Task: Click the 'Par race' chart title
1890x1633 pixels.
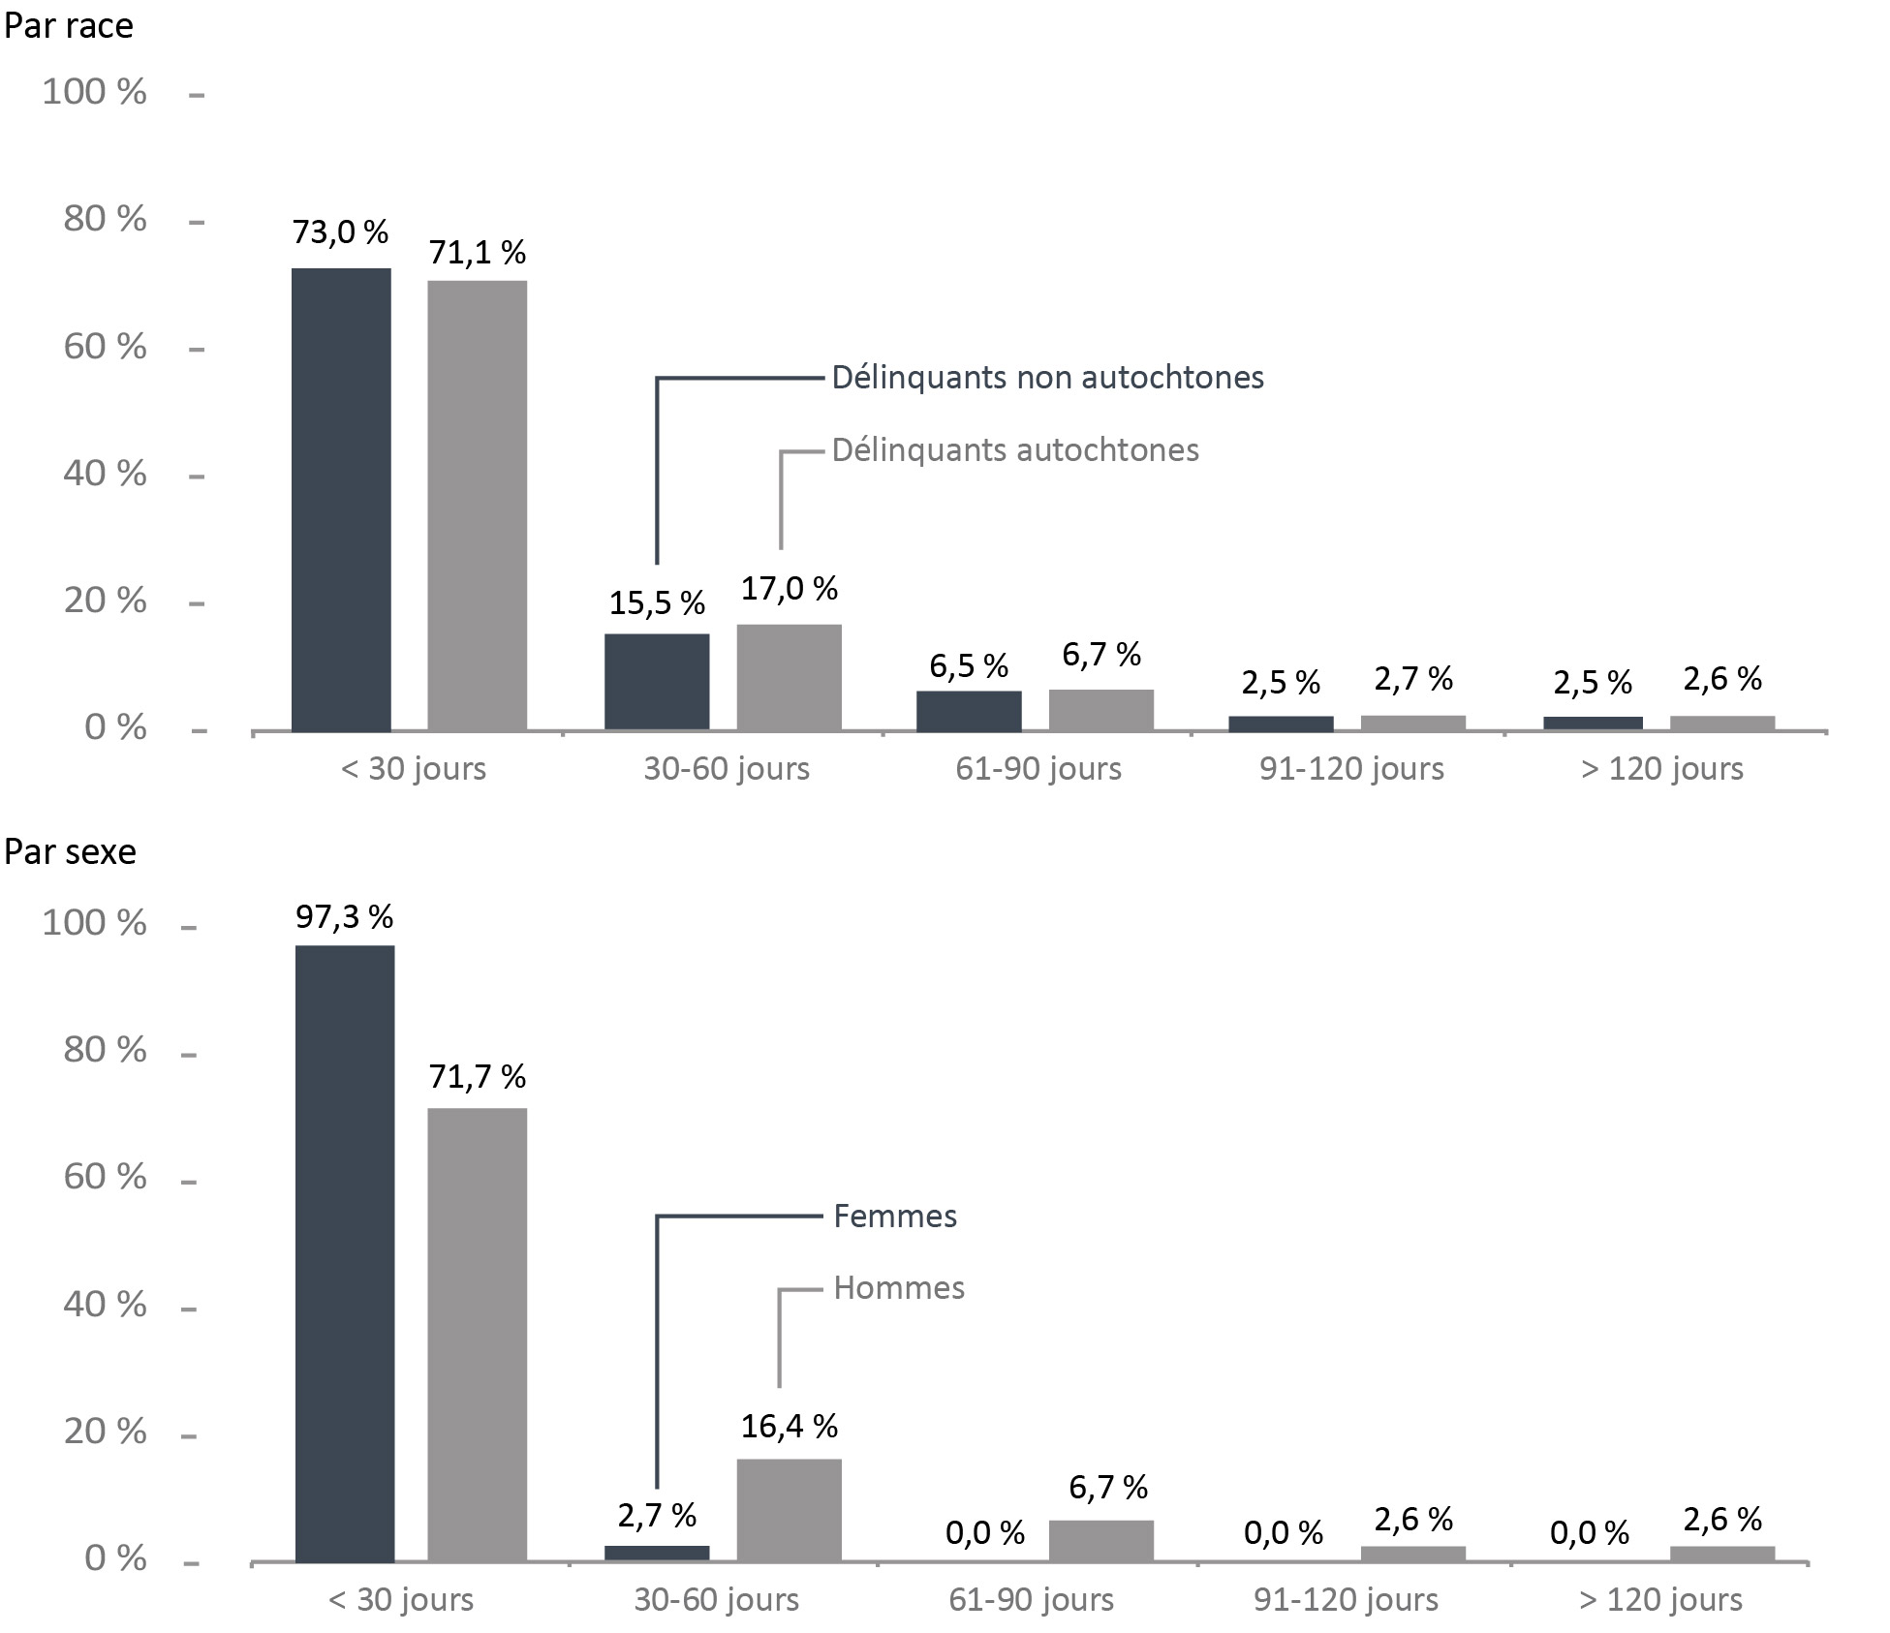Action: point(68,26)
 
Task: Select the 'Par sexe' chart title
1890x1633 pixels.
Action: point(70,852)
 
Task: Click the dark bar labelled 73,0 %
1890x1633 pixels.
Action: point(341,500)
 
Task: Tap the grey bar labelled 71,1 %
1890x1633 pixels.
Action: point(478,506)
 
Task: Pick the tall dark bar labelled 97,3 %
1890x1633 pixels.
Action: point(345,1254)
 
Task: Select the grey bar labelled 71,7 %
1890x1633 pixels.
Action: point(478,1336)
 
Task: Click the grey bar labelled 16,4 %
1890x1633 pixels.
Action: point(790,1511)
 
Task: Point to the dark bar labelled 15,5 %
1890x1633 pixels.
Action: point(657,682)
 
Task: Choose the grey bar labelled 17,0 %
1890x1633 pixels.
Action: point(790,677)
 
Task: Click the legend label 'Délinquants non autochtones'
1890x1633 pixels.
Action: point(1048,378)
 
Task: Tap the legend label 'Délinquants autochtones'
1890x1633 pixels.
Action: point(1015,450)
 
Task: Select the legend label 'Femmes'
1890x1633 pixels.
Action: point(895,1217)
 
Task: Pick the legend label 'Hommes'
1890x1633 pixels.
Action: point(899,1288)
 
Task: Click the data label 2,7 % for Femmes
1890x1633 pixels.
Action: point(657,1516)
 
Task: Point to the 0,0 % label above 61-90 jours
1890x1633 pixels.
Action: point(985,1532)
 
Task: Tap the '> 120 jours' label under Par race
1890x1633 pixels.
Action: point(1662,769)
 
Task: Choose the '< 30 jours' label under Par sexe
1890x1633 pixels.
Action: point(401,1600)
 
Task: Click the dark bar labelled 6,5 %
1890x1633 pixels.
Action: point(969,711)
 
